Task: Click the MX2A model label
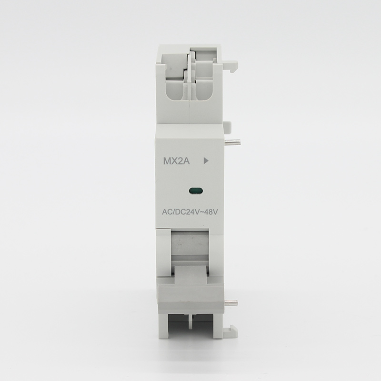pyautogui.click(x=176, y=161)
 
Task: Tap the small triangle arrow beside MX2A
pyautogui.click(x=206, y=161)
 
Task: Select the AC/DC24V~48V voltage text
pyautogui.click(x=190, y=212)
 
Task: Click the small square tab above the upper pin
pyautogui.click(x=227, y=127)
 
